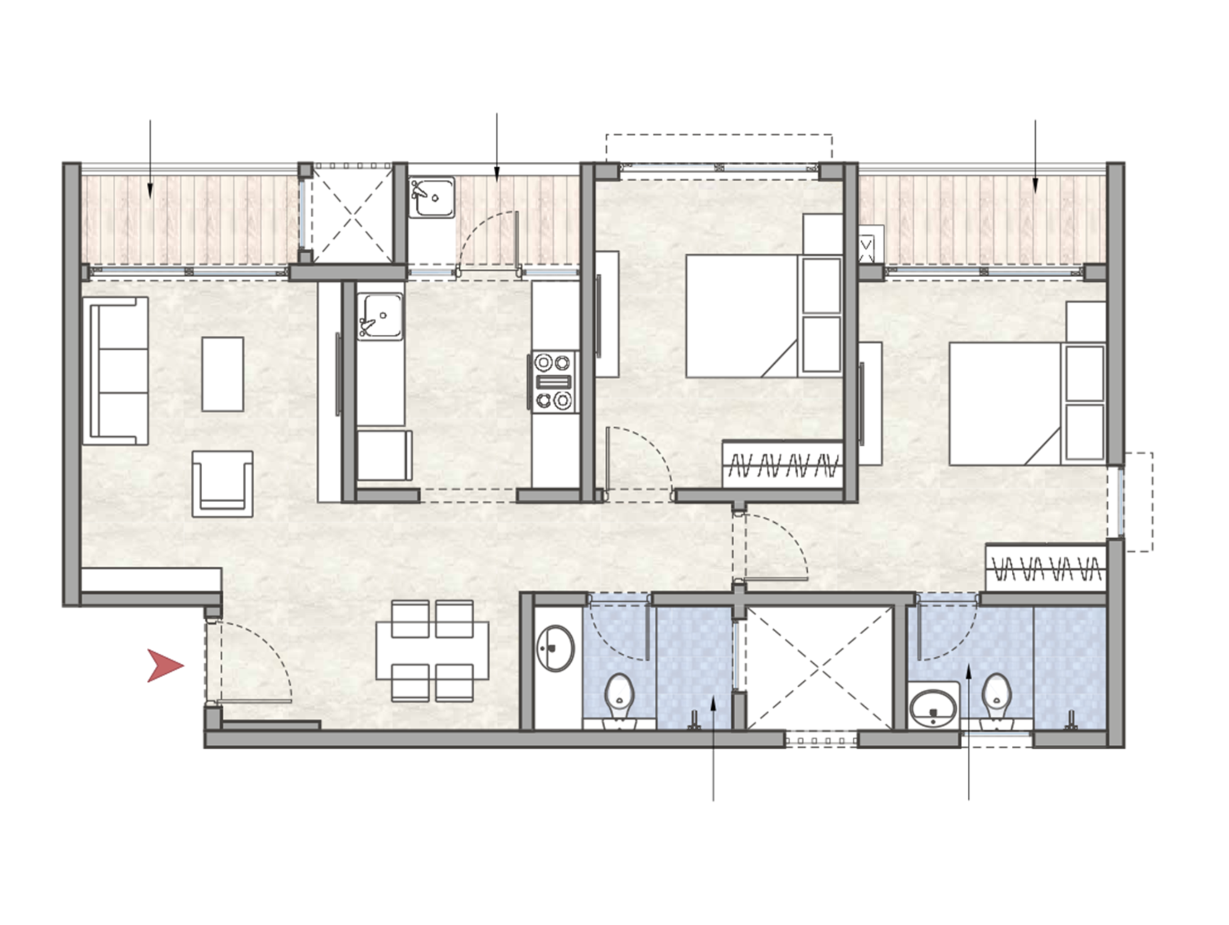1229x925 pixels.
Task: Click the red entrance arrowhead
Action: [164, 665]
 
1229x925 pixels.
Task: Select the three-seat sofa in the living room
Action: [115, 371]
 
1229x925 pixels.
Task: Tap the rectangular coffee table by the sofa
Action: [222, 374]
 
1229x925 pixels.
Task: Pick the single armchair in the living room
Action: [222, 483]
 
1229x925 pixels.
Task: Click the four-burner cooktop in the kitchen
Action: [554, 382]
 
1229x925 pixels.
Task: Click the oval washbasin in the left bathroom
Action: [555, 648]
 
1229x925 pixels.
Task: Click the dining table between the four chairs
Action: [432, 651]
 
